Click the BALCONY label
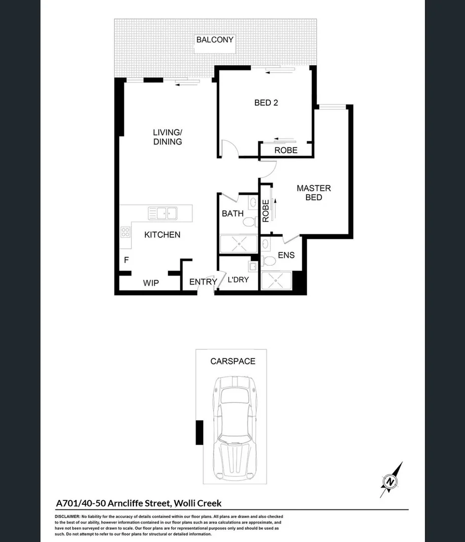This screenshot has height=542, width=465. pos(215,40)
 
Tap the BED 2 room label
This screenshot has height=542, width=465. pos(266,103)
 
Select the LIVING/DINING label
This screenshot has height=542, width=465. pos(168,137)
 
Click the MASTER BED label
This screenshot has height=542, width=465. pos(314,193)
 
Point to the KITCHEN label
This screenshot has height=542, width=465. pos(162,234)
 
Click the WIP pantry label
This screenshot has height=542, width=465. pos(150,284)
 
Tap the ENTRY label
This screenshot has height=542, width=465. pos(203,282)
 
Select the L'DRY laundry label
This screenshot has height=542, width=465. pos(238,280)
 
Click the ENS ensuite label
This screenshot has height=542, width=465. pos(286,255)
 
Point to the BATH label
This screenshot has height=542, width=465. pos(233,214)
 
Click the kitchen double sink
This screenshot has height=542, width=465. pos(163,213)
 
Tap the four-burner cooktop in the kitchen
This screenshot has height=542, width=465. pos(125,232)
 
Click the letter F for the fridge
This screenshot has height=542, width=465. pos(126,260)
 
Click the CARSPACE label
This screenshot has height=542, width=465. pos(232,361)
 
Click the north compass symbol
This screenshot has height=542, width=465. pos(391,480)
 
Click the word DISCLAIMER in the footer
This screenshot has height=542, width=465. pos(67,517)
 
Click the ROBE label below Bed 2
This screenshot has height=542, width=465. pos(286,150)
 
